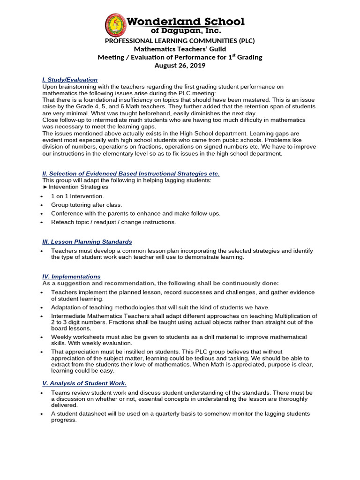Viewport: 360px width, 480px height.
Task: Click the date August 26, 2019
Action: [x=180, y=66]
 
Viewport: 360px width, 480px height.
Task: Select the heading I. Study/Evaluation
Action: [x=70, y=80]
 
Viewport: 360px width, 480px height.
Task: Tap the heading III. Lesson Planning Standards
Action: [x=87, y=241]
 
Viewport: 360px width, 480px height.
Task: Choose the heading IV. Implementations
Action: [x=71, y=277]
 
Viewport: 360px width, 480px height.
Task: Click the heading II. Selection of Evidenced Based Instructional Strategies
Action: [x=131, y=173]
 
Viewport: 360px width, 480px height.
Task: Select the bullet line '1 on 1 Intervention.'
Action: [x=77, y=196]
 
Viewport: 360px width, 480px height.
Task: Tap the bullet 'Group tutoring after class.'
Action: [x=86, y=205]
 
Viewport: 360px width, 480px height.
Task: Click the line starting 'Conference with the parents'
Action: [x=135, y=213]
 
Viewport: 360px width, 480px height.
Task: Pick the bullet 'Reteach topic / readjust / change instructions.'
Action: [x=113, y=222]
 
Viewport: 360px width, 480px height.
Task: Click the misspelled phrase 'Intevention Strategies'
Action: [x=78, y=187]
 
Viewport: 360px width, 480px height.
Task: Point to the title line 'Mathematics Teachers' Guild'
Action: [x=180, y=49]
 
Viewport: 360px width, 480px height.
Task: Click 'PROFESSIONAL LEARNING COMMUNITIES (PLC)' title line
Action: [x=180, y=41]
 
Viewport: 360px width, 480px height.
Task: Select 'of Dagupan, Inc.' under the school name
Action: [x=187, y=30]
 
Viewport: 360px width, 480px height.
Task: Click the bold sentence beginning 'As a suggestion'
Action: [x=160, y=283]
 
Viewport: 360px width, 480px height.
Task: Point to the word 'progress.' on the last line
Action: [x=64, y=420]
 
